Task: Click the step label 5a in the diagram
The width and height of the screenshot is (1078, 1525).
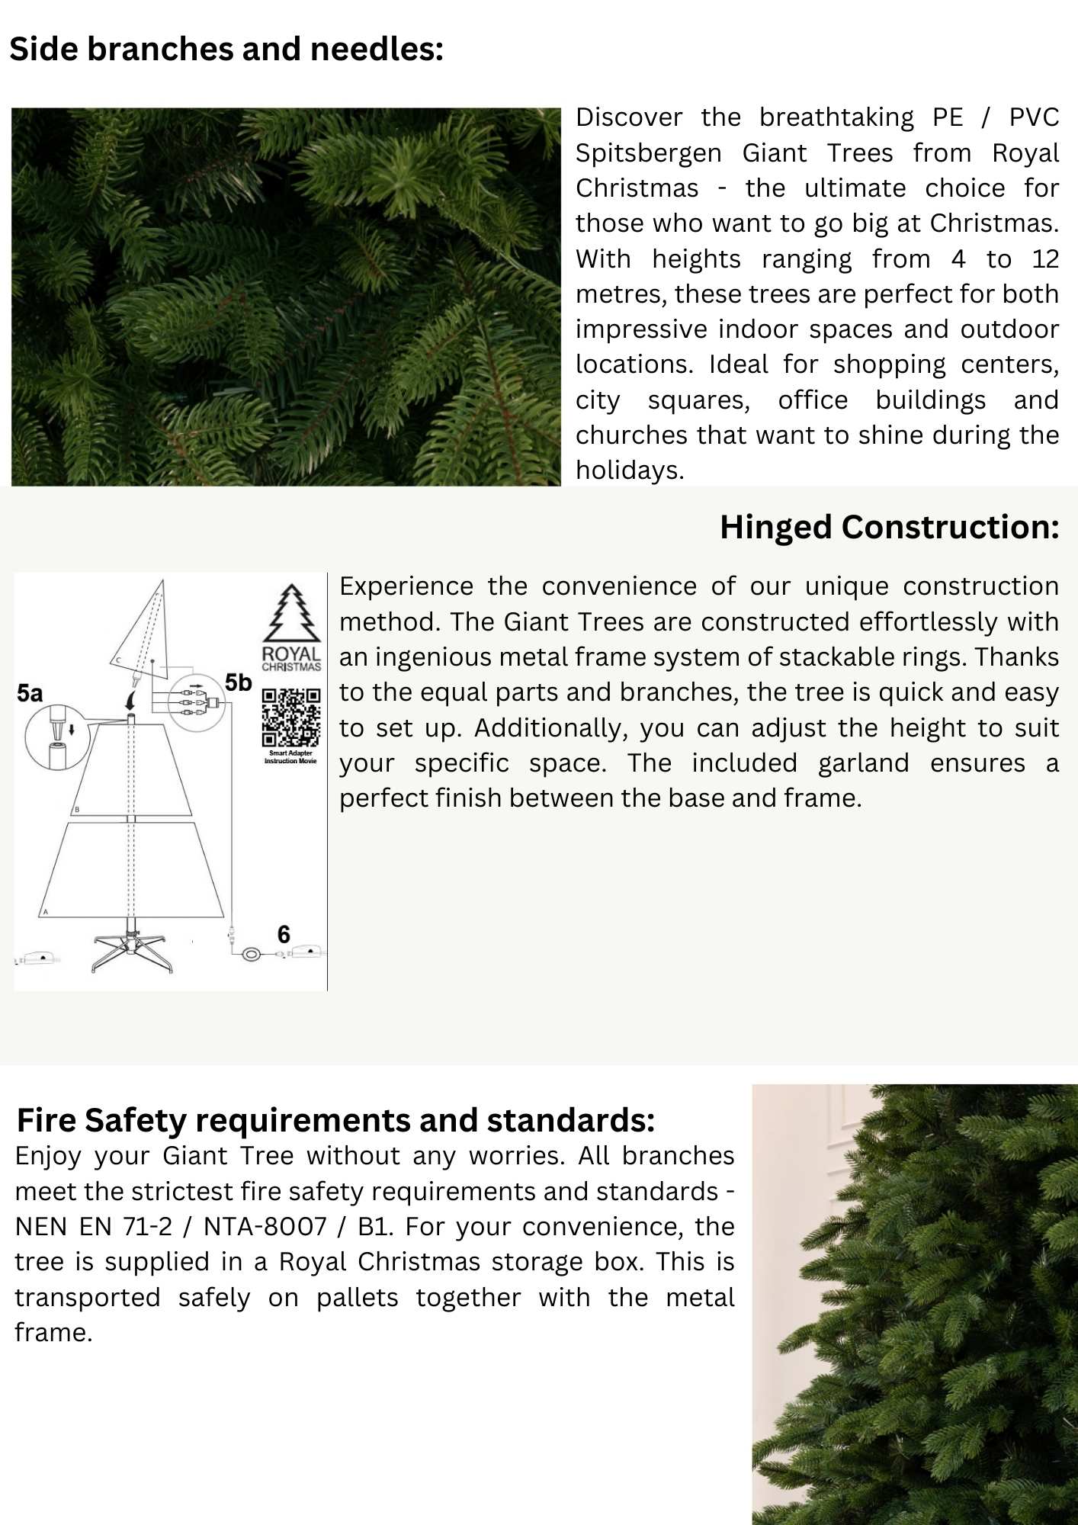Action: click(30, 693)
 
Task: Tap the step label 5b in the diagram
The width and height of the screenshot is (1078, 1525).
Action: click(238, 682)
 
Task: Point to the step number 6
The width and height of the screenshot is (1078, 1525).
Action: click(284, 934)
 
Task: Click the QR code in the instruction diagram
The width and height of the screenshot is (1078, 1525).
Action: click(291, 718)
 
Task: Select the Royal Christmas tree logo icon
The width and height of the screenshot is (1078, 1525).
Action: click(291, 614)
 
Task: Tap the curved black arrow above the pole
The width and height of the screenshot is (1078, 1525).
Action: click(132, 698)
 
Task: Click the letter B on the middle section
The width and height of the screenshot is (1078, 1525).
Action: click(77, 810)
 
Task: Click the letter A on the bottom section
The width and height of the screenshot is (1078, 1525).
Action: click(46, 912)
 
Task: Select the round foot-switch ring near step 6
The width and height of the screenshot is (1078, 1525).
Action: click(252, 954)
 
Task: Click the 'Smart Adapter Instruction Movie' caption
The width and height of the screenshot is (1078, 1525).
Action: click(290, 756)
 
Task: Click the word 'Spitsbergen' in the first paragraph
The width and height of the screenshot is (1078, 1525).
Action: click(648, 153)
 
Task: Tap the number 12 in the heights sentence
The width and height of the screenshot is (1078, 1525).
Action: click(1044, 259)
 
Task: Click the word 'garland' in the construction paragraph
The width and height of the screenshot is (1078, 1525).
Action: click(863, 763)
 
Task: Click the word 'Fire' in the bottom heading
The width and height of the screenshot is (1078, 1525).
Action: click(47, 1121)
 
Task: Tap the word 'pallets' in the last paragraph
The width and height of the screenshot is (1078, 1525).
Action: click(357, 1298)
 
